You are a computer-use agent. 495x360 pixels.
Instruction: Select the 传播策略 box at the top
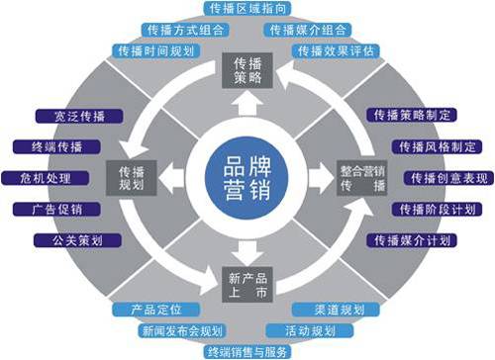(241, 67)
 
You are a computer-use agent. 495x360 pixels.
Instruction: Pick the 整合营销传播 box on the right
(359, 176)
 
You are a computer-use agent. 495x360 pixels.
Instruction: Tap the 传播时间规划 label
(156, 50)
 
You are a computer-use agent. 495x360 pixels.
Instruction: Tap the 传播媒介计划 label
(416, 240)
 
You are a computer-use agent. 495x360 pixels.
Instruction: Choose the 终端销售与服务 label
(246, 350)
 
